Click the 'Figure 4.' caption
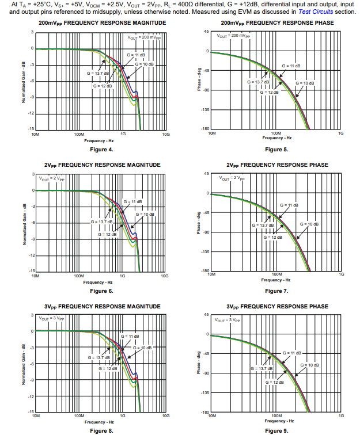tap(103, 150)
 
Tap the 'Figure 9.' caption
tap(276, 430)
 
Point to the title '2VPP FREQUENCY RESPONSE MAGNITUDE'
tap(103, 165)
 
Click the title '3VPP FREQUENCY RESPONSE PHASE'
tap(277, 306)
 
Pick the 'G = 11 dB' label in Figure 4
tap(135, 55)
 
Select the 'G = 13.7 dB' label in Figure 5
tap(258, 82)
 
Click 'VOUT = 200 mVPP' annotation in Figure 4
tap(144, 37)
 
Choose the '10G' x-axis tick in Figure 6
tap(165, 276)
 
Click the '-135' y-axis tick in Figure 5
tap(204, 109)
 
